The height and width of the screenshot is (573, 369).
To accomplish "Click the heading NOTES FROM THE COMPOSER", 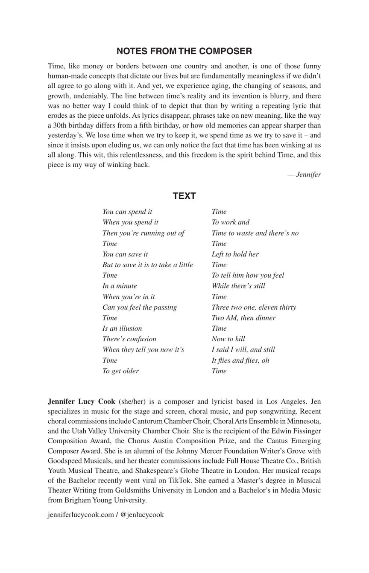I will coord(184,51).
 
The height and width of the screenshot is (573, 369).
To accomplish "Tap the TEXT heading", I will coord(184,196).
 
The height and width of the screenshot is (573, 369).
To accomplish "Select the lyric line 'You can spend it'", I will coord(127,212).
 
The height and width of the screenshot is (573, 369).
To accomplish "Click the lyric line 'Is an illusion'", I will coord(122,329).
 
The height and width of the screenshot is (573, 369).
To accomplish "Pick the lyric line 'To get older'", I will coord(120,371).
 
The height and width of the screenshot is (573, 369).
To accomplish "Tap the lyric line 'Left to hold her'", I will coord(235,254).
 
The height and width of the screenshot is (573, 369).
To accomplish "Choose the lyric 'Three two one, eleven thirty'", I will coord(254,307).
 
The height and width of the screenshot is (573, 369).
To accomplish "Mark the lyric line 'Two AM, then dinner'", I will coord(243,318).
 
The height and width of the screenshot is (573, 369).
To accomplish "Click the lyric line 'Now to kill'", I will coord(228,339).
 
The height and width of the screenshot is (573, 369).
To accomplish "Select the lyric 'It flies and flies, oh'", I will coord(240,361).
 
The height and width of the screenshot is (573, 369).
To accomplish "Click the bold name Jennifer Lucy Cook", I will coord(82,401).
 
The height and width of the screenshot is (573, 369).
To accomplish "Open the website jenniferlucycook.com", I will coord(81,515).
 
